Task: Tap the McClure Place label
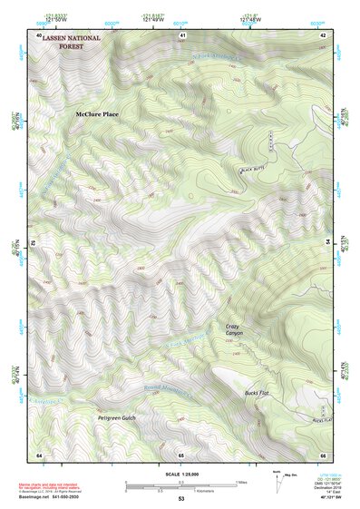coord(97,114)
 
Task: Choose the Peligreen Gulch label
coord(116,418)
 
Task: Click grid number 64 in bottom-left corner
coord(39,454)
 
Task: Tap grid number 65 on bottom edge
coord(180,454)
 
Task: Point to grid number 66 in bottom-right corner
coord(323,454)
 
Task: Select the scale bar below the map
coord(180,485)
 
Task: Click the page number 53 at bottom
coord(180,499)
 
